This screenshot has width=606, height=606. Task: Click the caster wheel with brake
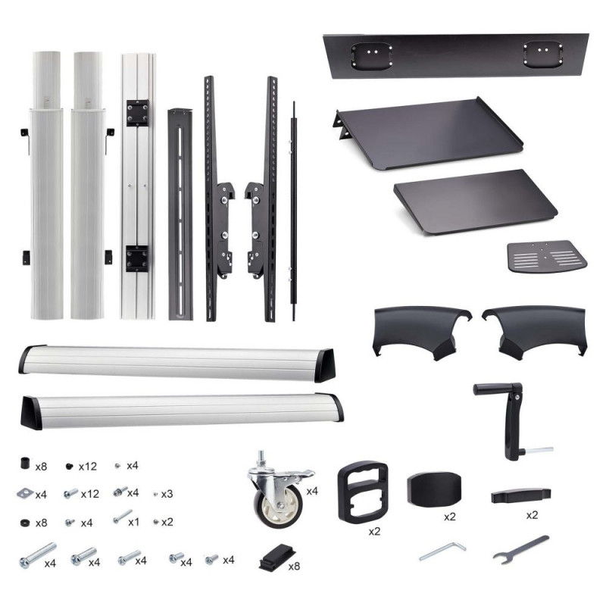(279, 489)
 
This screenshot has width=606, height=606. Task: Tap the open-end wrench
(521, 550)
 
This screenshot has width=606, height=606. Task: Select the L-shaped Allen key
(443, 551)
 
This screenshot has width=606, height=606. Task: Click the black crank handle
(509, 420)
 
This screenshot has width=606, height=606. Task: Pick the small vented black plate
(547, 256)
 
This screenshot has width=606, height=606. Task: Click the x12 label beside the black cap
(88, 467)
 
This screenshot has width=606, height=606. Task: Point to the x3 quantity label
(167, 495)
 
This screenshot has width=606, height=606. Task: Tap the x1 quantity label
(134, 523)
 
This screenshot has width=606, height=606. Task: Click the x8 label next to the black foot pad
(294, 566)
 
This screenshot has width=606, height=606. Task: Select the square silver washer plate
(26, 493)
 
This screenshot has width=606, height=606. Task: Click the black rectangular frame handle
(363, 492)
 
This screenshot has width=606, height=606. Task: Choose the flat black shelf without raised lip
(476, 201)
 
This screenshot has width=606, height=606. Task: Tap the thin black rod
(294, 211)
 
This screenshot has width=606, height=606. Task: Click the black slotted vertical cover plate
(180, 214)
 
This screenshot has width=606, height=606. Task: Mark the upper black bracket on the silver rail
(138, 113)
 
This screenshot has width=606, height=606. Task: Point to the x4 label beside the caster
(312, 491)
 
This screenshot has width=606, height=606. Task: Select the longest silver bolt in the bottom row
(38, 555)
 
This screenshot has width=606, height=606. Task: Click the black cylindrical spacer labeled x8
(25, 463)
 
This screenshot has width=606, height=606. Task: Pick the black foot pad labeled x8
(277, 557)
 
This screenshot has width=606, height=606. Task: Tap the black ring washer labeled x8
(25, 523)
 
